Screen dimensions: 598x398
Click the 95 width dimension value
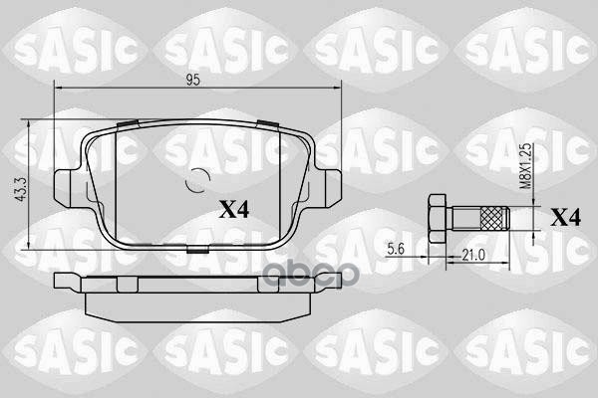(x=193, y=80)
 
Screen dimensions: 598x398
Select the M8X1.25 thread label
(x=526, y=166)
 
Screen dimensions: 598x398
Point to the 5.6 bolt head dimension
(x=396, y=249)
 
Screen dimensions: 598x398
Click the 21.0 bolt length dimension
(x=473, y=255)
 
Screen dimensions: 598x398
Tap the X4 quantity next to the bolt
(x=567, y=218)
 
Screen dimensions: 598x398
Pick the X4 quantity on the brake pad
(x=234, y=210)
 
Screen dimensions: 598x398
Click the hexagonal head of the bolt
(x=437, y=218)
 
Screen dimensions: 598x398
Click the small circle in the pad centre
(x=197, y=180)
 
